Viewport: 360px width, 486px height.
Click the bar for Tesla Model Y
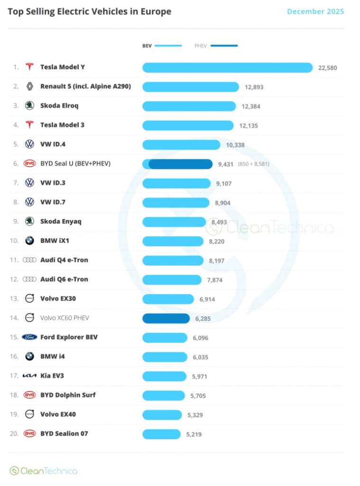pyautogui.click(x=227, y=67)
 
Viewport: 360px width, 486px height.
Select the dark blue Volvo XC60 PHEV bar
pyautogui.click(x=166, y=318)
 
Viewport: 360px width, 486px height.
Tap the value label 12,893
pyautogui.click(x=254, y=87)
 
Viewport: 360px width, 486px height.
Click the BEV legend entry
pyautogui.click(x=162, y=46)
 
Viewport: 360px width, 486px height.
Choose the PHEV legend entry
pyautogui.click(x=216, y=46)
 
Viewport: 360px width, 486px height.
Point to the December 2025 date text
pyautogui.click(x=315, y=11)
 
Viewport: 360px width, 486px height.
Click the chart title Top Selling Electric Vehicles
pyautogui.click(x=90, y=11)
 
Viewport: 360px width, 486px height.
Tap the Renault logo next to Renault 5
pyautogui.click(x=29, y=86)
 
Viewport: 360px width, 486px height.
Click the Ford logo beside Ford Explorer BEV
pyautogui.click(x=29, y=337)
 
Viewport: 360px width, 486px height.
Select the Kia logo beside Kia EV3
pyautogui.click(x=29, y=376)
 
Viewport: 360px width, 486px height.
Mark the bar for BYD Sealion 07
pyautogui.click(x=161, y=434)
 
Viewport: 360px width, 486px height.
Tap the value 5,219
pyautogui.click(x=194, y=434)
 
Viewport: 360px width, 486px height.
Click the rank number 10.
pyautogui.click(x=14, y=241)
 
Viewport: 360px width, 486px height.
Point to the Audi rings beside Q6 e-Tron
pyautogui.click(x=29, y=279)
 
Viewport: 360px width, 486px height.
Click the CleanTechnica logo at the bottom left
pyautogui.click(x=43, y=471)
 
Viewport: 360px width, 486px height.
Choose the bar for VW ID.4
pyautogui.click(x=181, y=144)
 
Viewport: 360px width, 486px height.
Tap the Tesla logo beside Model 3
pyautogui.click(x=29, y=125)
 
